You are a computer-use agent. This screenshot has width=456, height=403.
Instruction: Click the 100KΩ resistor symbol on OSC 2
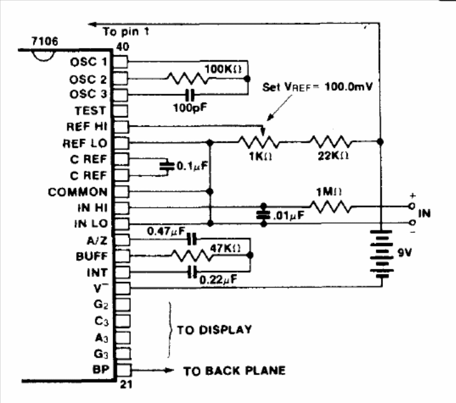point(188,79)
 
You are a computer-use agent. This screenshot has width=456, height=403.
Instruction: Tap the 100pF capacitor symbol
point(190,95)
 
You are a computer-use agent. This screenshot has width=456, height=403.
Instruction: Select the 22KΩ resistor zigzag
point(331,142)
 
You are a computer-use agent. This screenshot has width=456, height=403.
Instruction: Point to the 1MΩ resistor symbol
point(331,207)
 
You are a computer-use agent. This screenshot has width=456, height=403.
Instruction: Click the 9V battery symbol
point(382,253)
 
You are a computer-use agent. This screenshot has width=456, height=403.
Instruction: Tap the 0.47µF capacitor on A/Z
point(192,239)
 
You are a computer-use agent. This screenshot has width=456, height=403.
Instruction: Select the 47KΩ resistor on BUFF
point(192,255)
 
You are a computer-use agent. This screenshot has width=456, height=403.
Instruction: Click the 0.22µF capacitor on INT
point(192,272)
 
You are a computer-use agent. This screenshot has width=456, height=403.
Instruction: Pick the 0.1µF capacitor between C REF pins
point(167,167)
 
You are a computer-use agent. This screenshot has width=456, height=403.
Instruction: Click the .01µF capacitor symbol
point(264,215)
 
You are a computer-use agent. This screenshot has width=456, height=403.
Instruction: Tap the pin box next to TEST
point(121,111)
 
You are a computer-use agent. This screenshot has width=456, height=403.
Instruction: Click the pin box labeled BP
point(123,370)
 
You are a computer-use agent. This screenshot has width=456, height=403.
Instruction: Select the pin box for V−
point(122,288)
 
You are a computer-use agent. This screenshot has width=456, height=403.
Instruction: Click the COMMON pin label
point(78,192)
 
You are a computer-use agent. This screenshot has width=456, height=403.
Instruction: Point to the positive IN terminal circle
point(412,206)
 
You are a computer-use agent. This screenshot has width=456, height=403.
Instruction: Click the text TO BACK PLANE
point(234,371)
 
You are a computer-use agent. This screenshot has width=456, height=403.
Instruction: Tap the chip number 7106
point(45,41)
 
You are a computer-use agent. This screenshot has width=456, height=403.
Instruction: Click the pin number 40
point(123,47)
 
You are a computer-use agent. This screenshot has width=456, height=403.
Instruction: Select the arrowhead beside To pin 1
point(93,24)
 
